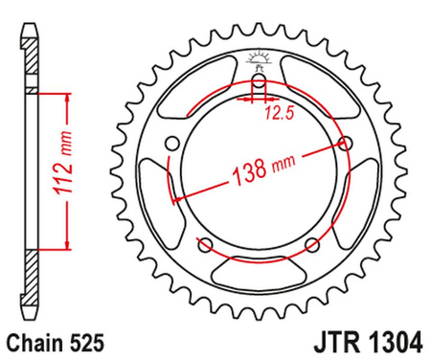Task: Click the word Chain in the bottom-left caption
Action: [36, 341]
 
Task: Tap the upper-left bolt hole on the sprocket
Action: [173, 145]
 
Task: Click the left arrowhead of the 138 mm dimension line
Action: [173, 196]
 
